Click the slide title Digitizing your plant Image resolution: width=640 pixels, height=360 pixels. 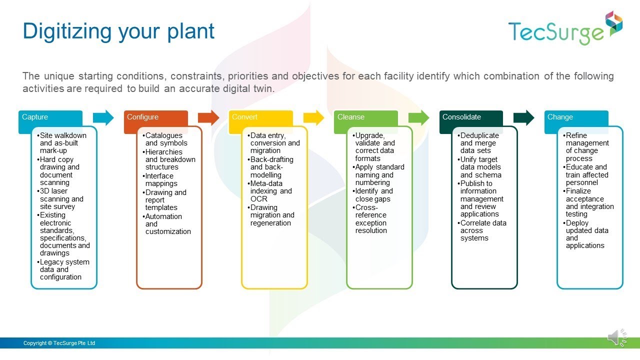point(118,31)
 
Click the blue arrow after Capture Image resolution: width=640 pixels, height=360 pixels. point(103,118)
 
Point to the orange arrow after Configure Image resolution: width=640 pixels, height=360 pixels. point(208,118)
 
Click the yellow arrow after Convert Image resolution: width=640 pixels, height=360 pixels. point(313,118)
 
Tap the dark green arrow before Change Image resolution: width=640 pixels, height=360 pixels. point(524,118)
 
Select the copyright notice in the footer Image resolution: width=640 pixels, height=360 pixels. point(59,343)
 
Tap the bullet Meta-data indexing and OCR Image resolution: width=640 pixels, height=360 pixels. point(270,191)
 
